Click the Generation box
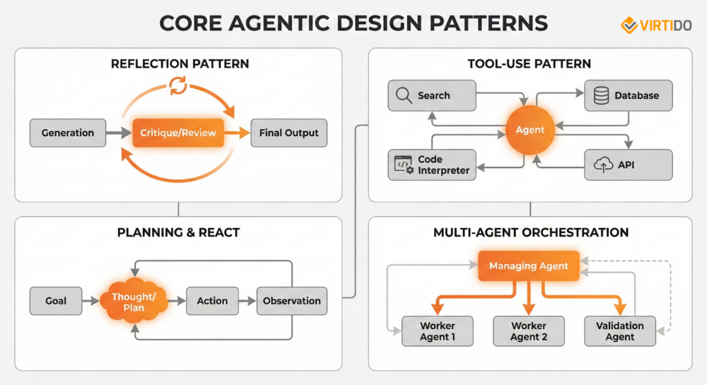pos(67,133)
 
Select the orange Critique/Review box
pos(178,133)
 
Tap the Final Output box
pos(288,133)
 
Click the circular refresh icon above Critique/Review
pos(177,87)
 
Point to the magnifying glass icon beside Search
pos(404,95)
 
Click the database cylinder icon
pos(601,95)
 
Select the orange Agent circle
pos(530,130)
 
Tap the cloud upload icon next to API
pos(603,165)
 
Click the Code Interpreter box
pos(432,165)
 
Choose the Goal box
pos(56,301)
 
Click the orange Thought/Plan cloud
pos(134,301)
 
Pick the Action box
pos(212,301)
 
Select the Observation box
pos(291,301)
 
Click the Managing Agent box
pos(529,266)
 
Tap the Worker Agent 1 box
pos(437,331)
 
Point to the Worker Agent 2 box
pos(529,331)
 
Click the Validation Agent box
pos(620,331)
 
